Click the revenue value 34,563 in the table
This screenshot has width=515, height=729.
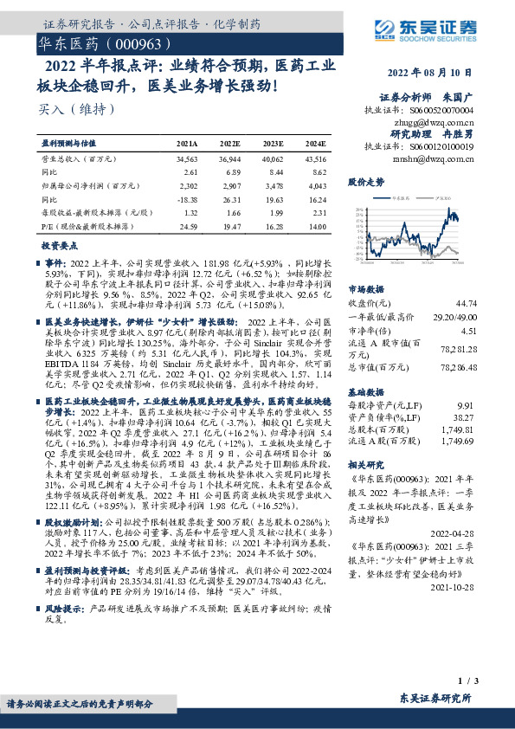(187, 160)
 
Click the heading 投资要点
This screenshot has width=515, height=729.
(61, 245)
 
